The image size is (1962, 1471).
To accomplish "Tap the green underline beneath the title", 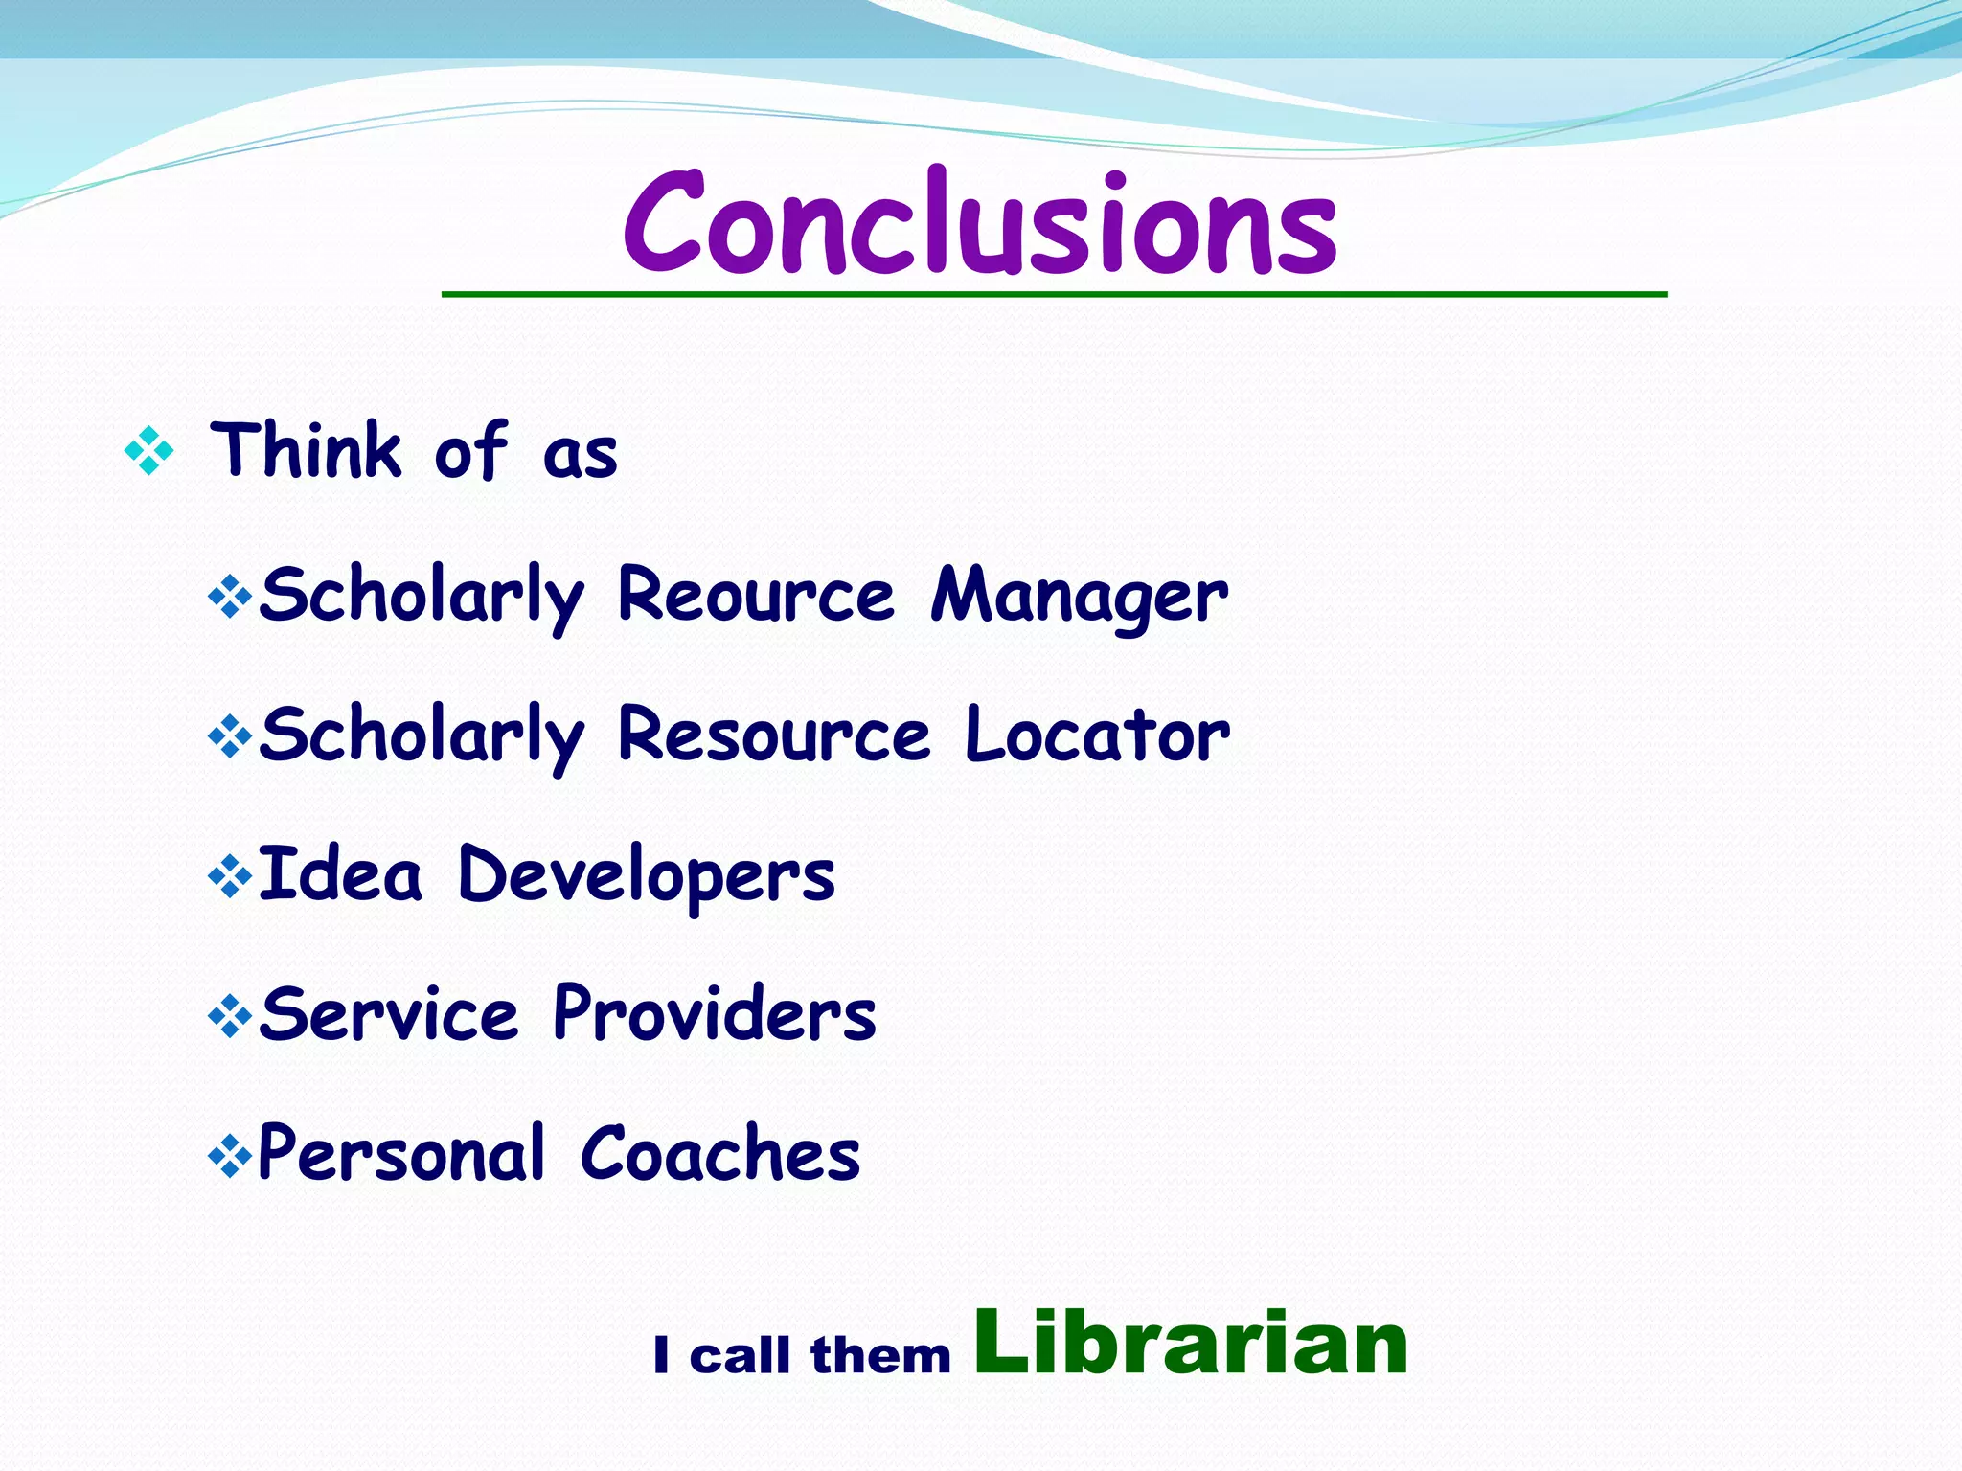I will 1054,294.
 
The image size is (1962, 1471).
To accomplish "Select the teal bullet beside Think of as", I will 149,450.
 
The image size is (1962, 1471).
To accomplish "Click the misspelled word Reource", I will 756,595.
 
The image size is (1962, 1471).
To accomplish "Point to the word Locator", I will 1097,735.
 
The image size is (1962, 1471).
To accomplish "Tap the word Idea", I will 339,874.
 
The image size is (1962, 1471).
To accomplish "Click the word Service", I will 389,1014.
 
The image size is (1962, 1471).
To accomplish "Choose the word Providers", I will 715,1014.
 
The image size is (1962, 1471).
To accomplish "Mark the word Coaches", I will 720,1154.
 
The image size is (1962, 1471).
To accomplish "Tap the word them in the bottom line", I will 880,1355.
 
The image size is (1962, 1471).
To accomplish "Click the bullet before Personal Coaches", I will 230,1155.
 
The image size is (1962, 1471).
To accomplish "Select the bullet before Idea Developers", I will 230,875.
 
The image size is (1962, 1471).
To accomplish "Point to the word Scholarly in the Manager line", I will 422,596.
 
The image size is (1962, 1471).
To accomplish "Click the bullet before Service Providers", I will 230,1016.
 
